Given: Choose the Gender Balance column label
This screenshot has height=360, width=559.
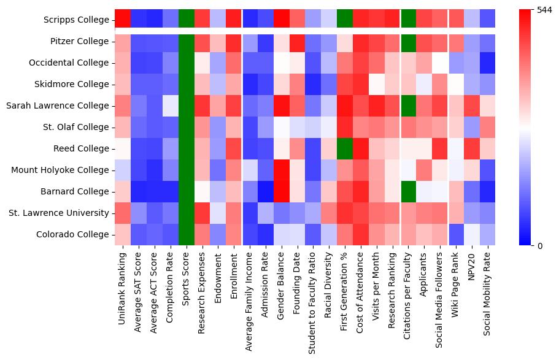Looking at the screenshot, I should pos(282,281).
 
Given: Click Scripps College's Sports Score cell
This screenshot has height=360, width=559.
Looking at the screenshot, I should pos(187,20).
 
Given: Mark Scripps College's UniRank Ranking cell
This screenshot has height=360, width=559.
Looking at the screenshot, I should pos(123,20).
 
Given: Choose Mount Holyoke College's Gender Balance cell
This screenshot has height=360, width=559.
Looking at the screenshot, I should pos(282,170).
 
